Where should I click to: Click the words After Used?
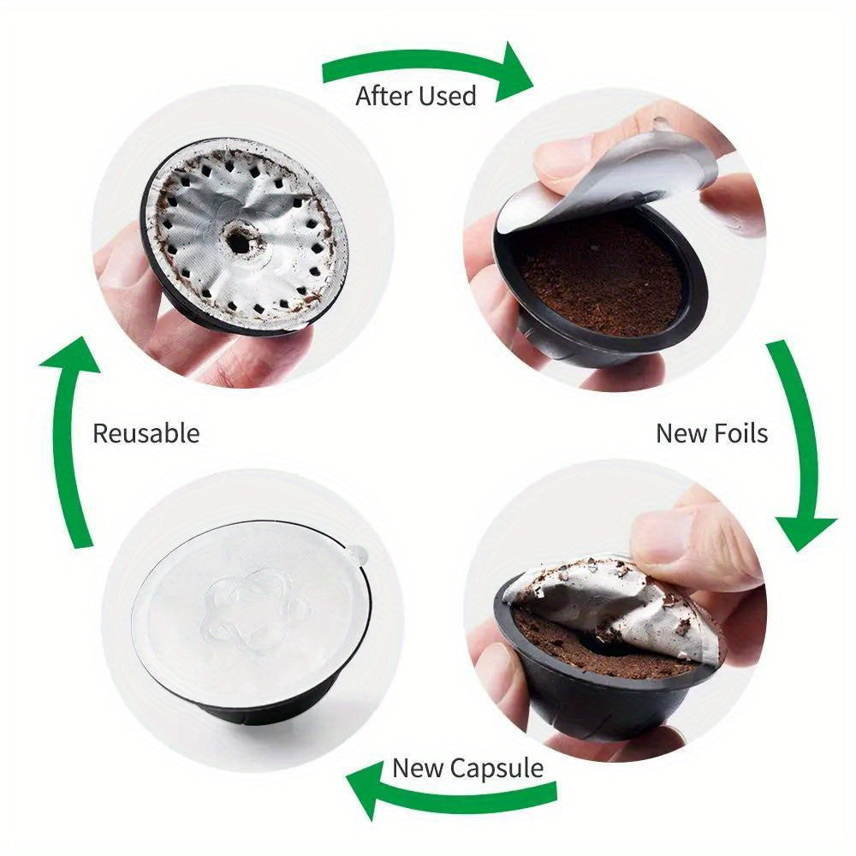pyautogui.click(x=416, y=96)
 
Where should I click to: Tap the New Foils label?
pyautogui.click(x=712, y=433)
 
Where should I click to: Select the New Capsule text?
pyautogui.click(x=468, y=768)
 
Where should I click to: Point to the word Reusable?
pyautogui.click(x=146, y=433)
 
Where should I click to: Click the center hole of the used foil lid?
pyautogui.click(x=239, y=242)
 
